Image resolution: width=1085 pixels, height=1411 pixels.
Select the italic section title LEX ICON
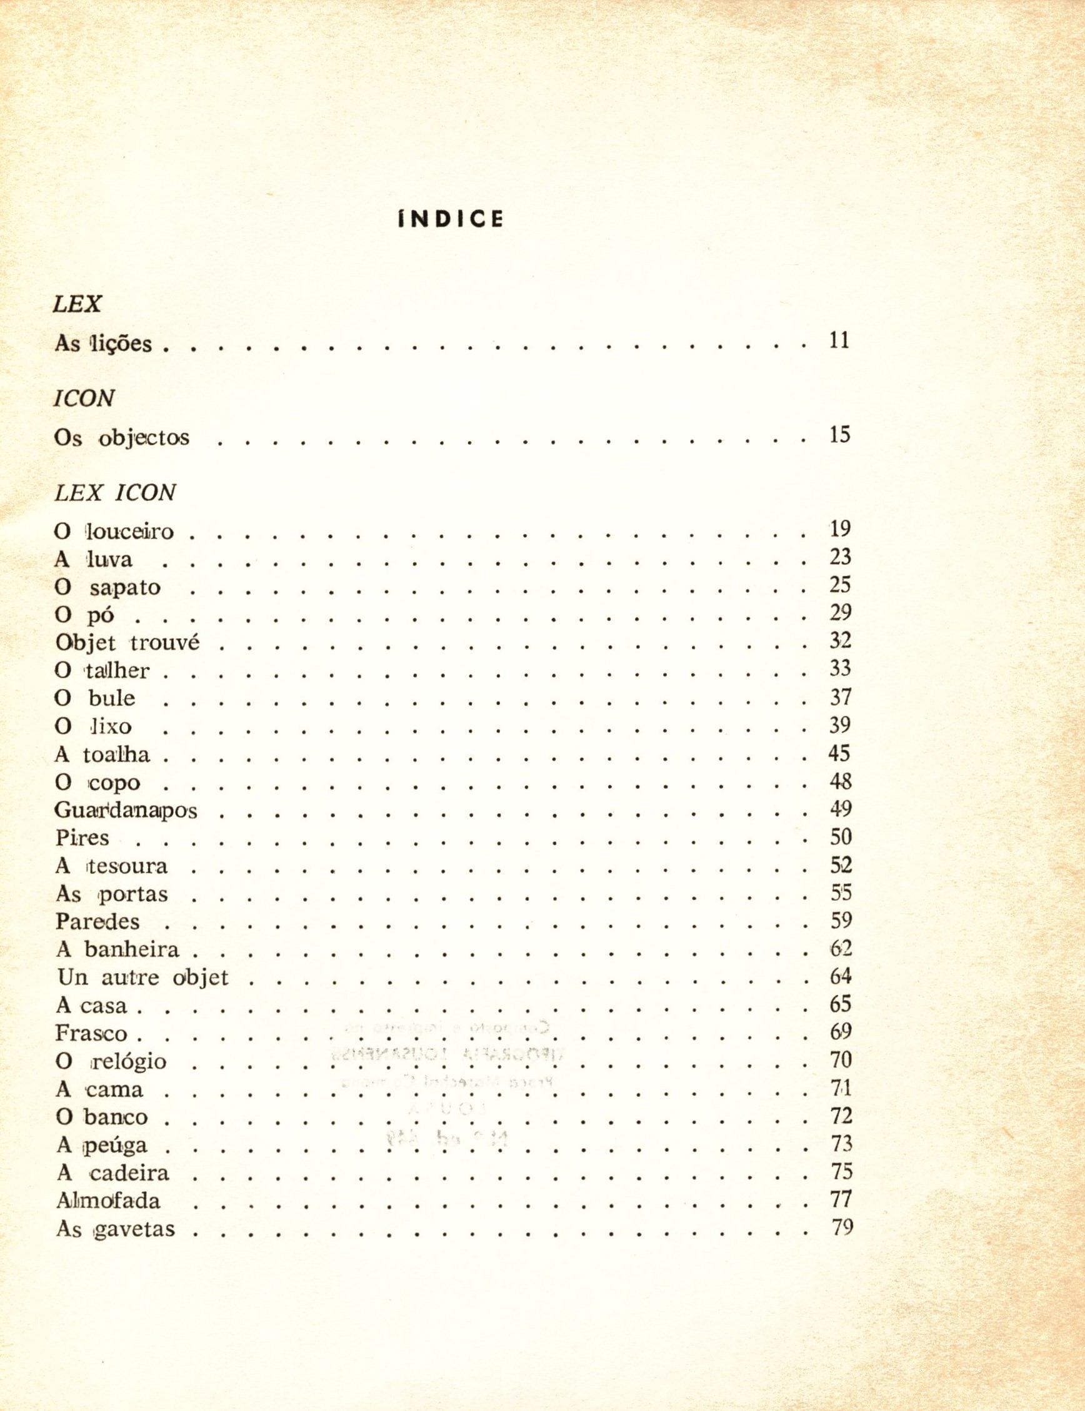(x=115, y=493)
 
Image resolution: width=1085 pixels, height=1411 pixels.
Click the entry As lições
(x=103, y=343)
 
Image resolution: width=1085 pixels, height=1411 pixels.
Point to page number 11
(x=839, y=340)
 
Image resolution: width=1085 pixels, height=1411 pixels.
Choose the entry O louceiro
(x=115, y=532)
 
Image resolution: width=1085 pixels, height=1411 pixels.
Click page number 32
(x=840, y=640)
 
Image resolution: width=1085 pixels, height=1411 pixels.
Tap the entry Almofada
(x=108, y=1201)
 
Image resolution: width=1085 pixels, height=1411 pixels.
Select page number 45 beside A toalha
(x=839, y=753)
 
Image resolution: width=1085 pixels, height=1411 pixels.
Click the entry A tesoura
(x=112, y=866)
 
